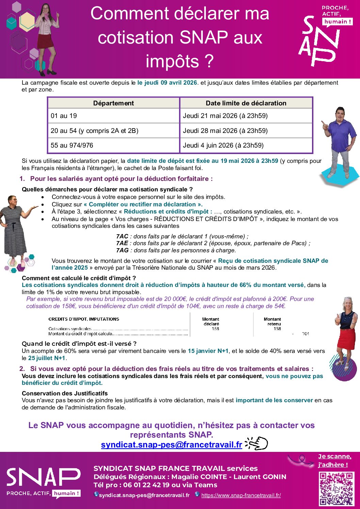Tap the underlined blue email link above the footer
171,444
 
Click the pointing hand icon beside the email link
258,444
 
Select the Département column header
113,103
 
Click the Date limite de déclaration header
246,103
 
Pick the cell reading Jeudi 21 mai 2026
225,116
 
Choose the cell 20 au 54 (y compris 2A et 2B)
95,131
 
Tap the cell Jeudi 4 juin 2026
223,146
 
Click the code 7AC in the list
122,236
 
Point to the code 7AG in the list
122,251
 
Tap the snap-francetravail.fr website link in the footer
241,495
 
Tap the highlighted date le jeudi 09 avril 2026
167,83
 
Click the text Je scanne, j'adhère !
334,461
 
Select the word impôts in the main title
173,62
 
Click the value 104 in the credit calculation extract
305,334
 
